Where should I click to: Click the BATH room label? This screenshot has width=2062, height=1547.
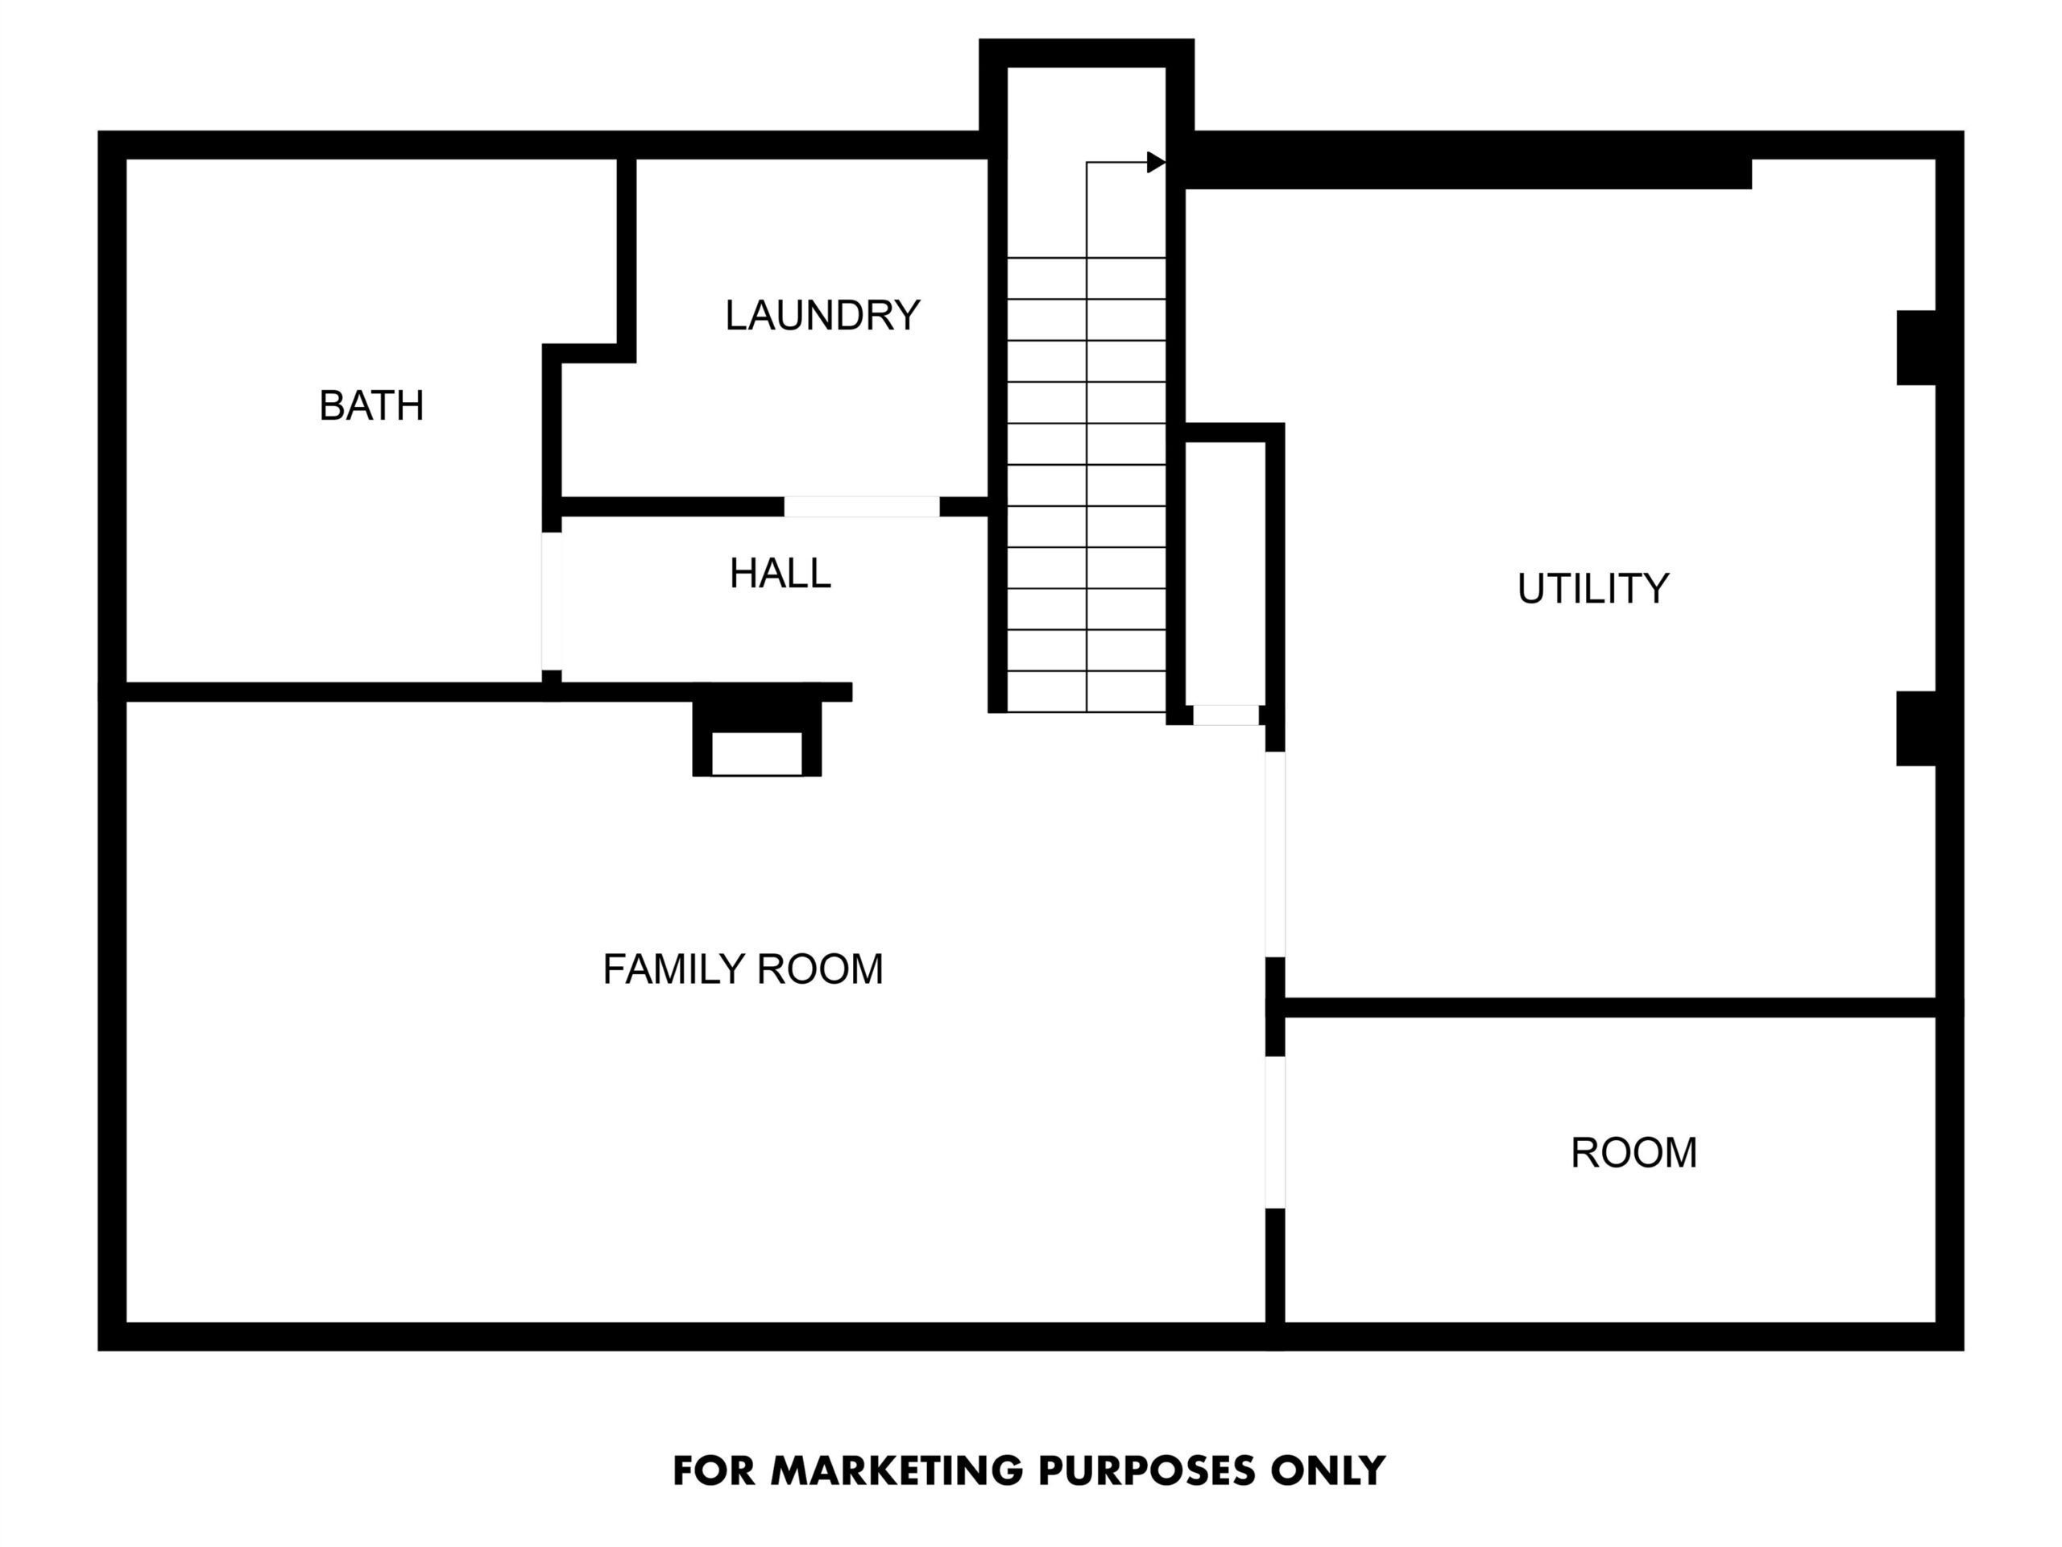point(371,405)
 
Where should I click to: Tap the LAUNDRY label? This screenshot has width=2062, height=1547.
point(822,315)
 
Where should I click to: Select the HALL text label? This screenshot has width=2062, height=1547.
point(780,573)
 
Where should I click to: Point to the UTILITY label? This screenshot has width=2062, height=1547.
point(1592,588)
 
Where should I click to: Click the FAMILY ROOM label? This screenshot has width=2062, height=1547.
point(742,968)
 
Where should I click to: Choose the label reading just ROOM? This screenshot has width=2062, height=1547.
point(1633,1152)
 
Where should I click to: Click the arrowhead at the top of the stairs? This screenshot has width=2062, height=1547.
point(1156,162)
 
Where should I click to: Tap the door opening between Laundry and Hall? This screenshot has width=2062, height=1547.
point(861,506)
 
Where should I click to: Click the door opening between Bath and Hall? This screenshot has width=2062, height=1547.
point(552,601)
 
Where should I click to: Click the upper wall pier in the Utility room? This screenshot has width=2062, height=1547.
point(1915,348)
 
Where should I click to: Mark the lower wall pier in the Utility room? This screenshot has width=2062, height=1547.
point(1915,728)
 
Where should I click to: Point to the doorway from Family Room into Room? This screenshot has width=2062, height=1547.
point(1275,1132)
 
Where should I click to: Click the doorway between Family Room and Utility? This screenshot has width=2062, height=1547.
point(1275,854)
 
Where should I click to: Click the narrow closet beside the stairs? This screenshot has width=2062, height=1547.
point(1225,574)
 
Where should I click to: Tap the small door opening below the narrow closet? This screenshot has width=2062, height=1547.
point(1226,715)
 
